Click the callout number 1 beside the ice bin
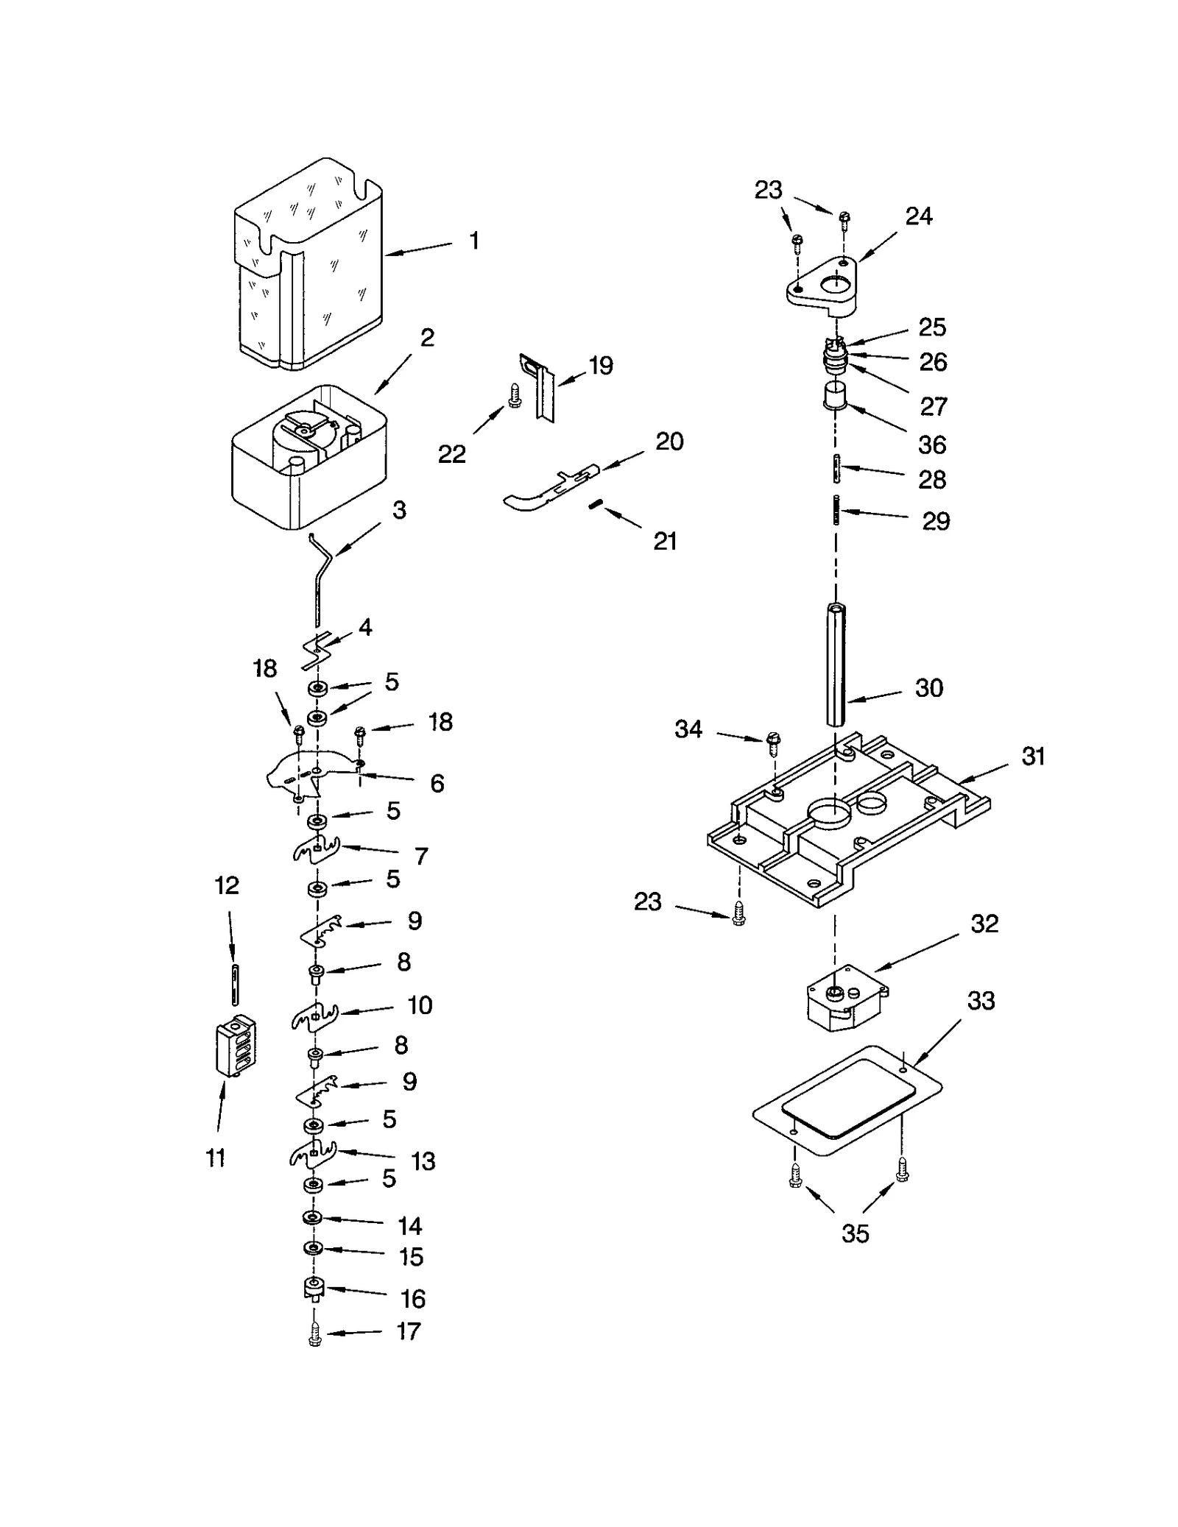click(x=474, y=241)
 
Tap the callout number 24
click(x=918, y=216)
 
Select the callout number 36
click(x=931, y=444)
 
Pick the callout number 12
click(x=227, y=885)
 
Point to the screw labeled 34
click(x=773, y=743)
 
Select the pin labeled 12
click(x=234, y=984)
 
